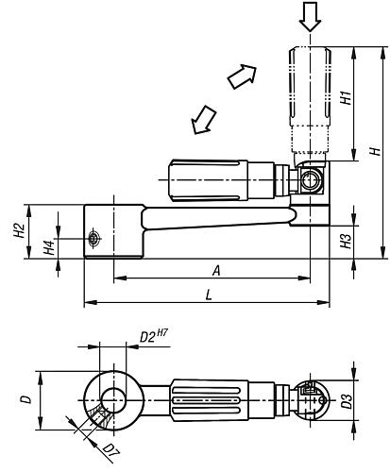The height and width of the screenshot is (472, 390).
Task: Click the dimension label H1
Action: point(348,96)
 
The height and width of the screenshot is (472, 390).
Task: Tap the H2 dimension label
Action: point(19,233)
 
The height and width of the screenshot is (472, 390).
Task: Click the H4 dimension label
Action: point(50,248)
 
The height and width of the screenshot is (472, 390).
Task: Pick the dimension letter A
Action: point(215,270)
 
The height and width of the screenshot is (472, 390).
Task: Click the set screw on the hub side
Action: point(93,240)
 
